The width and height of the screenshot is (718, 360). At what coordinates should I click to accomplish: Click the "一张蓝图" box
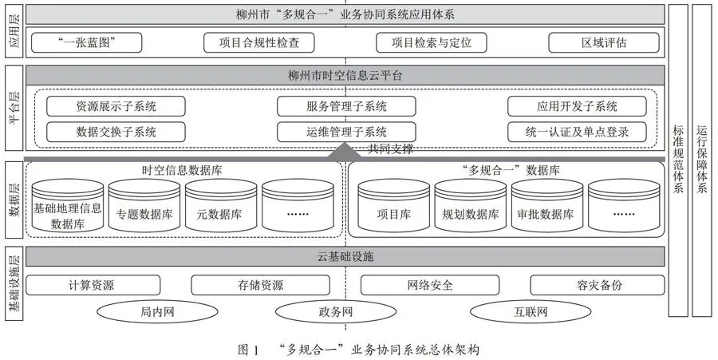pyautogui.click(x=86, y=42)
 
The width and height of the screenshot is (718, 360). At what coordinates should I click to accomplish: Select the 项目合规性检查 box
pyautogui.click(x=259, y=42)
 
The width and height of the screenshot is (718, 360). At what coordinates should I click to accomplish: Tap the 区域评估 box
pyautogui.click(x=604, y=42)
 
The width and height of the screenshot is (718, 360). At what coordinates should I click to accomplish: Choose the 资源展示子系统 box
pyautogui.click(x=116, y=106)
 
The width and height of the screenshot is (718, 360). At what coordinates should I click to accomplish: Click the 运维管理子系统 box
pyautogui.click(x=347, y=132)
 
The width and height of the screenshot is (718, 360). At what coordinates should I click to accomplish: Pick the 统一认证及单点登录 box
pyautogui.click(x=577, y=132)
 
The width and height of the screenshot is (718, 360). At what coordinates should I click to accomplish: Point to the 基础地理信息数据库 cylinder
pyautogui.click(x=68, y=206)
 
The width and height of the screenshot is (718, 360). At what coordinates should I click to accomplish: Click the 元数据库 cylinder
pyautogui.click(x=221, y=206)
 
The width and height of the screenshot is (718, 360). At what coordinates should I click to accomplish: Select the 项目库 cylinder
pyautogui.click(x=394, y=206)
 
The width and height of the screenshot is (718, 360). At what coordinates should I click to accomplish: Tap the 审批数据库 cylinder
pyautogui.click(x=547, y=206)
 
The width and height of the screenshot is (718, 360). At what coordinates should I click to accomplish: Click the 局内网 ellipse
pyautogui.click(x=157, y=312)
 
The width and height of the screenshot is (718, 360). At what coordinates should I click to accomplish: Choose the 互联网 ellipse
pyautogui.click(x=531, y=312)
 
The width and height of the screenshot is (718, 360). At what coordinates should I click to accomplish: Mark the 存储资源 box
pyautogui.click(x=261, y=285)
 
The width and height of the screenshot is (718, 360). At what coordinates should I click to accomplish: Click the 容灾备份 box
pyautogui.click(x=598, y=285)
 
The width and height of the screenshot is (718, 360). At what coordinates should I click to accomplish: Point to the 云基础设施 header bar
pyautogui.click(x=345, y=256)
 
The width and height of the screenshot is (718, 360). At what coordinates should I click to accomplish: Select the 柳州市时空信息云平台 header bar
pyautogui.click(x=345, y=75)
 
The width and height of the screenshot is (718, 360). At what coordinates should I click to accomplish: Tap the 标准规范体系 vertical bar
pyautogui.click(x=678, y=160)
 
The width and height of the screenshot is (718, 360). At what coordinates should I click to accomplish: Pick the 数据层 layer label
pyautogui.click(x=14, y=200)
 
